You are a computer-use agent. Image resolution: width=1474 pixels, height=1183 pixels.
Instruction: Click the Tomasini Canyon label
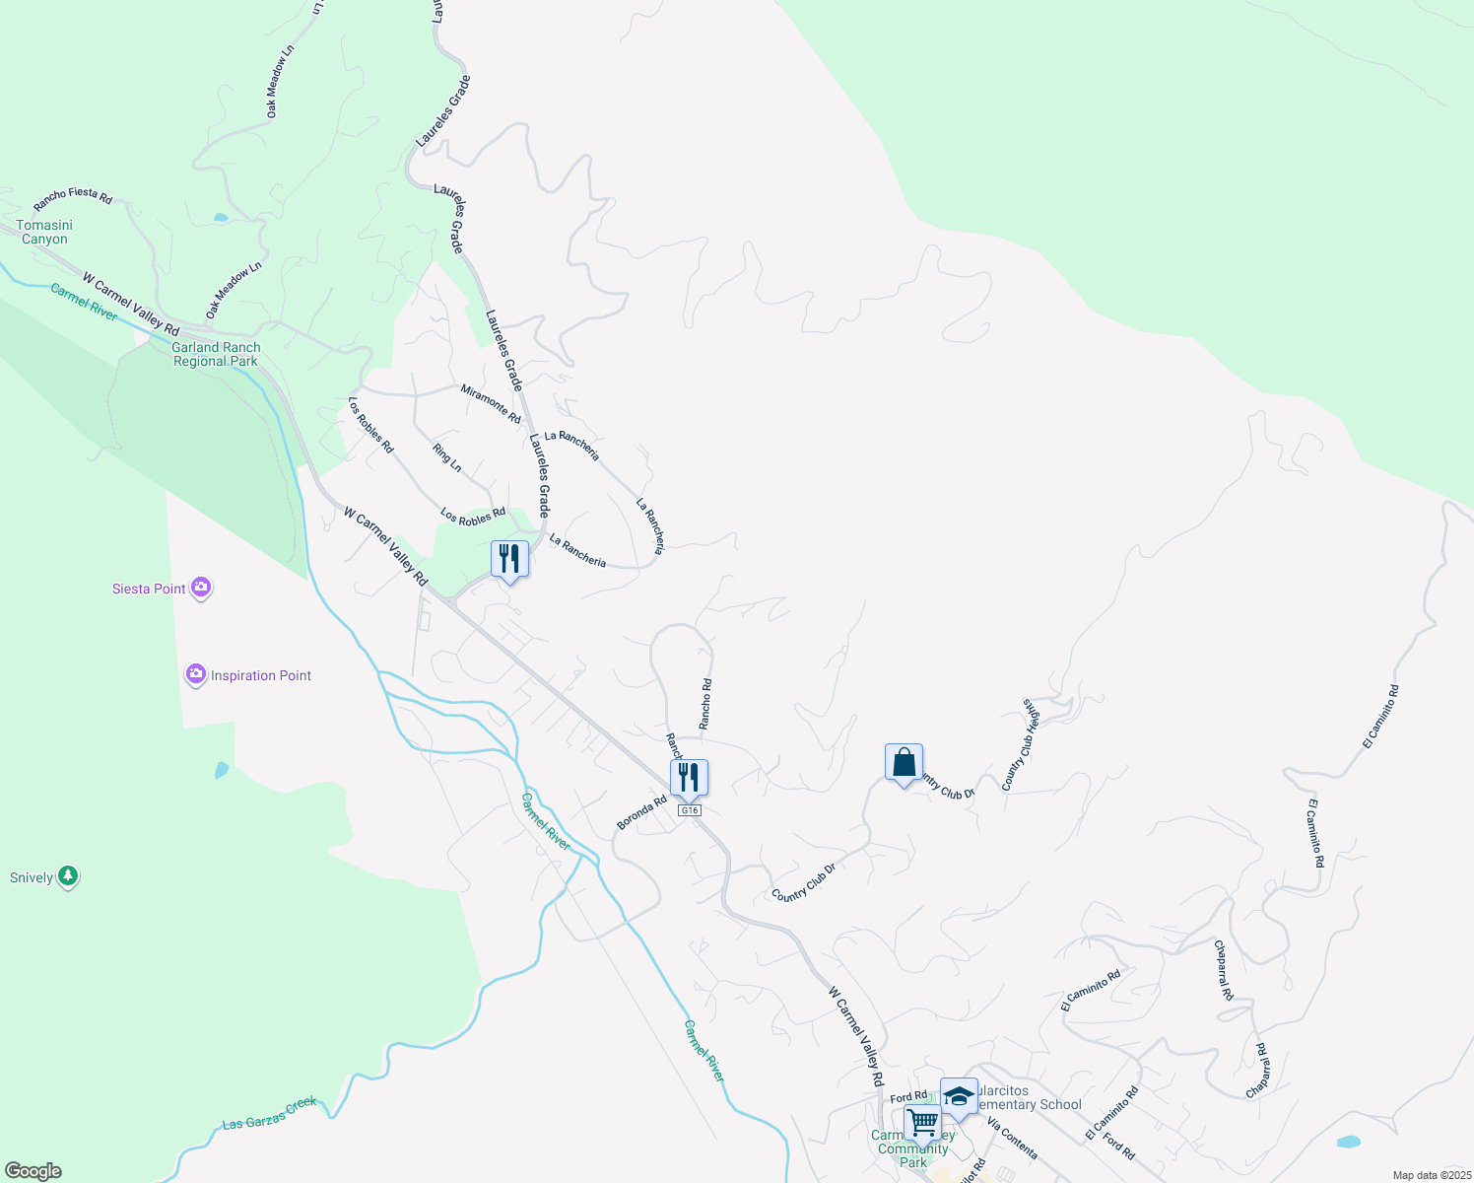(x=44, y=232)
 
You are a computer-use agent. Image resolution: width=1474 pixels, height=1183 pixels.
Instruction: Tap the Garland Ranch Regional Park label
(x=216, y=354)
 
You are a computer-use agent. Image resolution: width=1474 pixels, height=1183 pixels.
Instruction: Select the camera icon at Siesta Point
(x=201, y=588)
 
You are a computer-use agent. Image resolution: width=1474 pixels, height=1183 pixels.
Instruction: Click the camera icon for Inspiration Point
(x=196, y=674)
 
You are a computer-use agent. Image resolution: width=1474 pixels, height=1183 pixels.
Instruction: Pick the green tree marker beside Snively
(x=68, y=875)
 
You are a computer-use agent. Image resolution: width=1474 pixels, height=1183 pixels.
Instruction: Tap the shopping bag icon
(x=904, y=763)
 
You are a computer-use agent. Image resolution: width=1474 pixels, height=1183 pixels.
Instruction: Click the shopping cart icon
(x=922, y=1122)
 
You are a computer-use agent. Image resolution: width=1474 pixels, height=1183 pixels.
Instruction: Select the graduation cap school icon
(x=959, y=1096)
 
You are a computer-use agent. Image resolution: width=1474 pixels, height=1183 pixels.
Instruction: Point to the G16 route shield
(x=690, y=810)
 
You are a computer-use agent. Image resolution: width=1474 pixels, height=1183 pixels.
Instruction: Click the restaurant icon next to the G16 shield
(x=689, y=777)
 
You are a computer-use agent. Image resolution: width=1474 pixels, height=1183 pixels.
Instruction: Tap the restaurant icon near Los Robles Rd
(x=509, y=559)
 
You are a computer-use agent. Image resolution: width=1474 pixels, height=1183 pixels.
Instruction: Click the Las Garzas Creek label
(x=270, y=1112)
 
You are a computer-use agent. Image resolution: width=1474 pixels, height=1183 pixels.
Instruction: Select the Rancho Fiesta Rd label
(x=73, y=198)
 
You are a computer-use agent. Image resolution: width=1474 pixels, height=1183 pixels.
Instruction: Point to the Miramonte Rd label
(x=491, y=404)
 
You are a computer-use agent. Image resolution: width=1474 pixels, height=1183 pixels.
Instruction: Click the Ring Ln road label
(x=447, y=456)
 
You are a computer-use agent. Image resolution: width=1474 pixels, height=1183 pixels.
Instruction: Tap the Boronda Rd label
(x=641, y=812)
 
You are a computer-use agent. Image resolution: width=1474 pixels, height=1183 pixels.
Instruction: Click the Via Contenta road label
(x=1012, y=1139)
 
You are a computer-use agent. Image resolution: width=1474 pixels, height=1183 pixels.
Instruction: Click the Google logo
(x=33, y=1171)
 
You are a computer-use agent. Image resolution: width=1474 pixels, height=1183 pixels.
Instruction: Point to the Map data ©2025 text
(x=1431, y=1175)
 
